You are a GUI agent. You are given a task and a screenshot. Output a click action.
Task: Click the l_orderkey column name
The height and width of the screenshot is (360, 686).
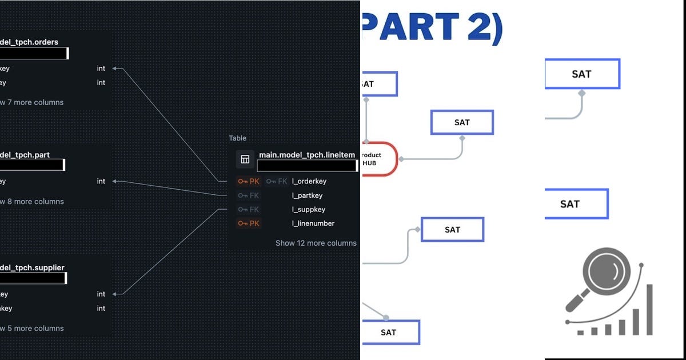point(309,181)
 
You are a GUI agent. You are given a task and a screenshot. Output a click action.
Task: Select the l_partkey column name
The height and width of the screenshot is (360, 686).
point(308,195)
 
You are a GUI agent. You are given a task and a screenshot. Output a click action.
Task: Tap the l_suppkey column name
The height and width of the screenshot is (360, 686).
point(309,210)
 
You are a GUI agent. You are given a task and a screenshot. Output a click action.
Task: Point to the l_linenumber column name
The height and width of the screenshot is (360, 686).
point(313,223)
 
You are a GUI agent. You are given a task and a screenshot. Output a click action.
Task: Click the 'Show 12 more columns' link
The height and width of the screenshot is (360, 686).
point(316,243)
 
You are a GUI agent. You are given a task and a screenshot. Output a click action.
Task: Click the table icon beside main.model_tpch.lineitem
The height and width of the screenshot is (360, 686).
point(245,159)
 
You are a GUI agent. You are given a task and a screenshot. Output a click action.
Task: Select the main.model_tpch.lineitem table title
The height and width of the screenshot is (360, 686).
point(306,155)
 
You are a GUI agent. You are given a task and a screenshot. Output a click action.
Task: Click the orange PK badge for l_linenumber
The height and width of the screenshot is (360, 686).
point(249,223)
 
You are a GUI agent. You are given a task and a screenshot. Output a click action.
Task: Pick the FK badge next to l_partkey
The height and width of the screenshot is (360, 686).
point(249,195)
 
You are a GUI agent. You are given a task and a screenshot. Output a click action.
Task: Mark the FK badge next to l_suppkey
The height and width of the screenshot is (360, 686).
point(249,210)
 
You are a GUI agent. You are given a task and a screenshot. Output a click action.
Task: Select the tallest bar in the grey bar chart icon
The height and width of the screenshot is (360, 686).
point(649,309)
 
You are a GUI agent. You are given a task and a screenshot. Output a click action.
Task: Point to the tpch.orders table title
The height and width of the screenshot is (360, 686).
point(29,42)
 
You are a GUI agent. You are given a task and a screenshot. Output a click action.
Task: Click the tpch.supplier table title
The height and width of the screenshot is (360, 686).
point(32,267)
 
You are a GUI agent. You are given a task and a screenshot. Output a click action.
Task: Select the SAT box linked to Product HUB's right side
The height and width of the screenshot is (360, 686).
point(461,122)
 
